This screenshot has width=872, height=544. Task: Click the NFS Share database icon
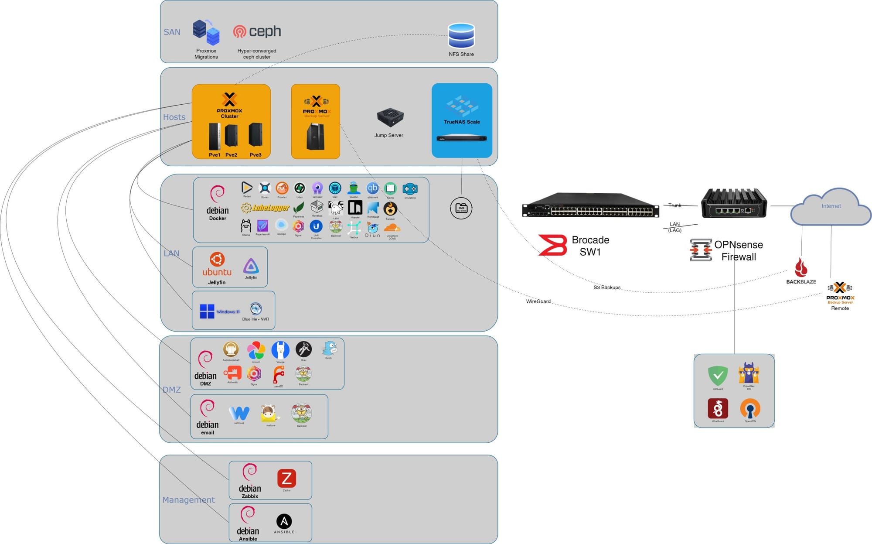tap(461, 35)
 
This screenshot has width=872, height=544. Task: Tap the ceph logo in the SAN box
tap(257, 31)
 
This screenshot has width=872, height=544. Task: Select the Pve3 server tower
tap(255, 135)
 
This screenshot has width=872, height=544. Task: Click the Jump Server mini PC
tap(389, 117)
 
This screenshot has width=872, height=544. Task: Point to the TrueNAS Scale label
tap(461, 122)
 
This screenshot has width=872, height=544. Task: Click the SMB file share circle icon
tap(461, 209)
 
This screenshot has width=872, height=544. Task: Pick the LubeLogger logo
tap(266, 208)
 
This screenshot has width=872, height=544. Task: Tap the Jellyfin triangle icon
tap(251, 266)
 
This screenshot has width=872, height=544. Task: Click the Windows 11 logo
tap(207, 311)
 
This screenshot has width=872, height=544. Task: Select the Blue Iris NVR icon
tap(256, 309)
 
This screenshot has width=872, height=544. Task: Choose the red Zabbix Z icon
tap(286, 479)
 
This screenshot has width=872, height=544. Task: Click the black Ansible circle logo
tap(284, 521)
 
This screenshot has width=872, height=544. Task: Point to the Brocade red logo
tap(552, 245)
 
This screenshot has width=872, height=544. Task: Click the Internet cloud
tap(831, 208)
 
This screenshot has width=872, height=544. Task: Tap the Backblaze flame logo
tap(801, 267)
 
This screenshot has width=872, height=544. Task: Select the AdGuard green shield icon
tap(718, 375)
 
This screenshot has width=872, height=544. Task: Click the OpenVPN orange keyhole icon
tap(750, 409)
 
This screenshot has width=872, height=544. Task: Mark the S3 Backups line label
tap(607, 287)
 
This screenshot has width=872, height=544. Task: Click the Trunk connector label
tap(674, 205)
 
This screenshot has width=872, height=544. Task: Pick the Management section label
tap(188, 500)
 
